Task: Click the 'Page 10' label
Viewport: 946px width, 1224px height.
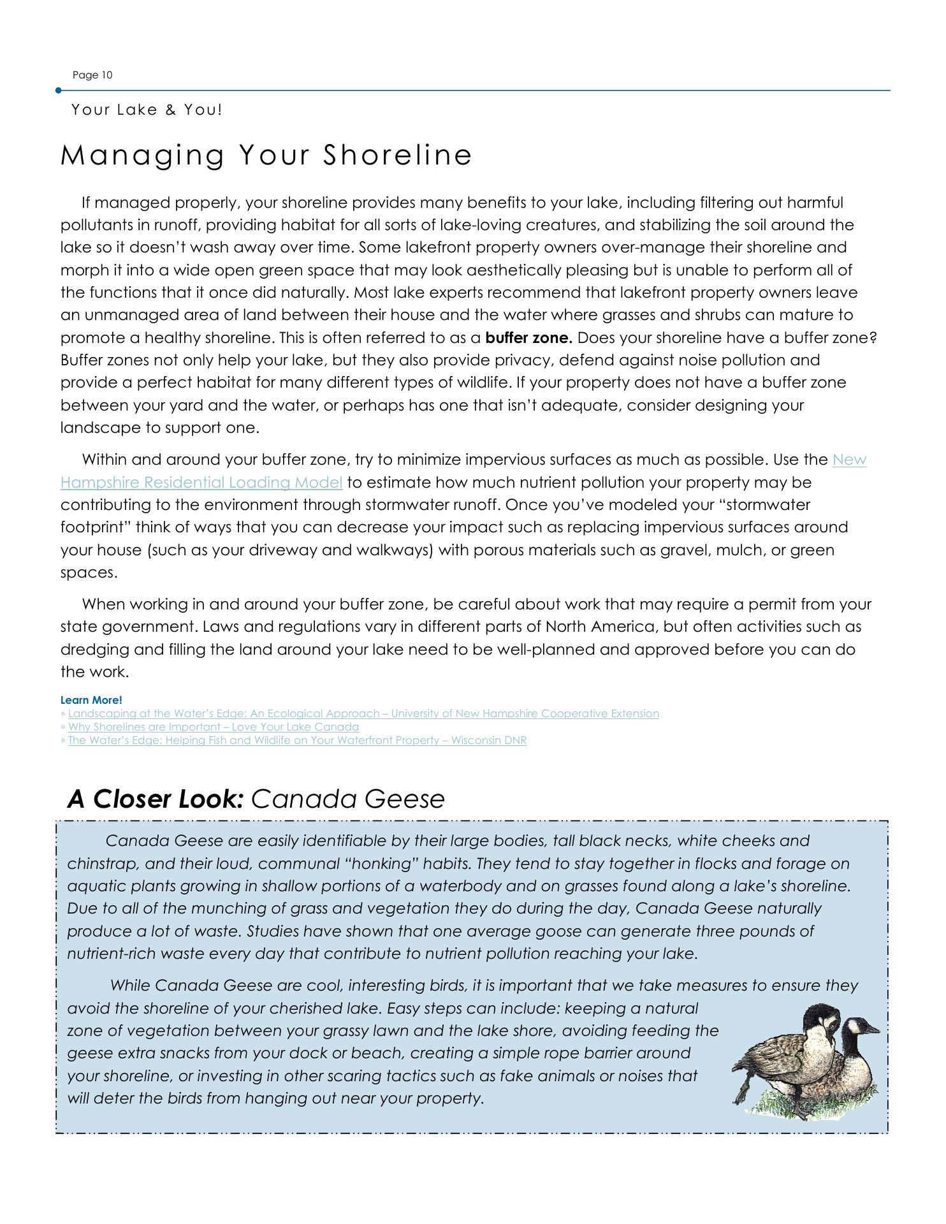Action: click(x=92, y=75)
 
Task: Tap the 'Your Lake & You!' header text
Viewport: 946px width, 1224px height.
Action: click(x=147, y=110)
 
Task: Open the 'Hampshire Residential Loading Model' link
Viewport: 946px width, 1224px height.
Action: click(x=201, y=483)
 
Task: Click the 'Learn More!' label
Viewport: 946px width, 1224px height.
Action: click(x=91, y=700)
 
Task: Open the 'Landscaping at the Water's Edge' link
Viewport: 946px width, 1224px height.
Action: click(x=363, y=713)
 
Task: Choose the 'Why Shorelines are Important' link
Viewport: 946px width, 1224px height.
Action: click(x=214, y=727)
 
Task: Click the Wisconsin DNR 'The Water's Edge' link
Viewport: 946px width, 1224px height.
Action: click(x=297, y=740)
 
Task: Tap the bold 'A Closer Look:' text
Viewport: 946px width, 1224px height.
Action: click(x=155, y=799)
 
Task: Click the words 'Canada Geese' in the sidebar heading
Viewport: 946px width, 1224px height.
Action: click(x=348, y=799)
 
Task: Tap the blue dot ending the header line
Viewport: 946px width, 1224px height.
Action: click(x=59, y=91)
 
